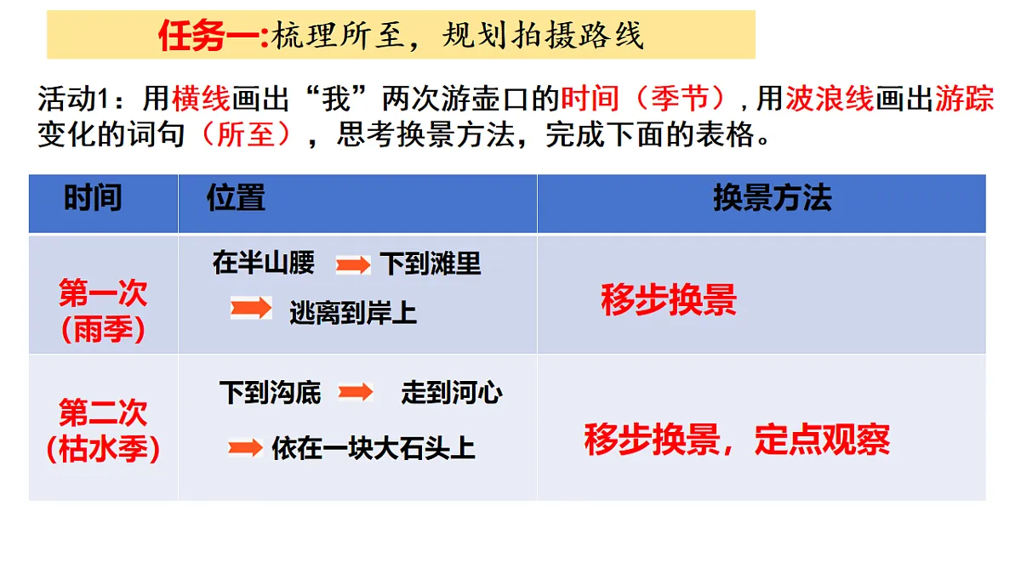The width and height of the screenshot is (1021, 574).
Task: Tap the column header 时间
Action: tap(93, 198)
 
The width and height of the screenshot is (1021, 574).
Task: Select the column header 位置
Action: tap(236, 198)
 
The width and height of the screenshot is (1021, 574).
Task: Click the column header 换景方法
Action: tap(772, 198)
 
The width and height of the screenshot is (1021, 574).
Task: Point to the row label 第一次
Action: tap(103, 293)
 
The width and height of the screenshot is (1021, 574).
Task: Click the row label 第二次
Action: tap(103, 413)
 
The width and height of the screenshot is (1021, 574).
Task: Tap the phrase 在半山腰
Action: tap(264, 264)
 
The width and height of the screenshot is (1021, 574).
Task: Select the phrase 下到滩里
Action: tap(431, 264)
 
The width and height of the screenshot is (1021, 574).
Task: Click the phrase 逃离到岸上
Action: tap(353, 314)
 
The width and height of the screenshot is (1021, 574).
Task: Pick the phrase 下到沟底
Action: tap(270, 393)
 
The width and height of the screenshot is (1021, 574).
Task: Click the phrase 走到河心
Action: tap(452, 393)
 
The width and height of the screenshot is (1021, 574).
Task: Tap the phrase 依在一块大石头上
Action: tap(374, 448)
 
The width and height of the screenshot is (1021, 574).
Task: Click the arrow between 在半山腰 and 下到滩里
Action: tap(353, 265)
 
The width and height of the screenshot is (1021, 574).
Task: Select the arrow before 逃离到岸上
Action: tap(251, 308)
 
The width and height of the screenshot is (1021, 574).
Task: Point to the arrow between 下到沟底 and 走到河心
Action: tap(356, 392)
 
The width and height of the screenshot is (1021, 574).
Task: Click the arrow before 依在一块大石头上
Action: tap(245, 448)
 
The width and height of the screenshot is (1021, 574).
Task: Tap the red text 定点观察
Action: tap(823, 440)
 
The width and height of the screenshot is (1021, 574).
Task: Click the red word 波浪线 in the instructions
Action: tap(830, 99)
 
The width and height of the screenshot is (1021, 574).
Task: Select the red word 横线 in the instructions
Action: tap(201, 99)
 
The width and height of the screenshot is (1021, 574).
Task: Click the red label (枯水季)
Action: tap(103, 448)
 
